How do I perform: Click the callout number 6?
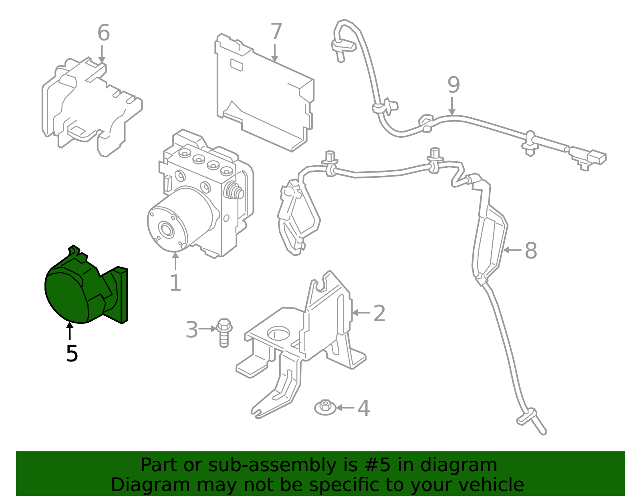coord(103,33)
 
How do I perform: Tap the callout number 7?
coord(276,32)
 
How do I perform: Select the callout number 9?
coord(454,85)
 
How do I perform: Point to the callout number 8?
coord(530,251)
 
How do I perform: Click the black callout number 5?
coord(72,354)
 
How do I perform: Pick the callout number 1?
coord(175,283)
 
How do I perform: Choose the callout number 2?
coord(379,313)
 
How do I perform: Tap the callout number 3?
coord(192,330)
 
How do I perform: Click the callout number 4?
coord(363,408)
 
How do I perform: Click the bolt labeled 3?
coord(224,332)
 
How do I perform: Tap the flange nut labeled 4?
coord(325,408)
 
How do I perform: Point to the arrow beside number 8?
coord(512,250)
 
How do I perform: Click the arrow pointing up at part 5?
coord(70,331)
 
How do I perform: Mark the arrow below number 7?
coord(275,53)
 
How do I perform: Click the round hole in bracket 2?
coord(278,333)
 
